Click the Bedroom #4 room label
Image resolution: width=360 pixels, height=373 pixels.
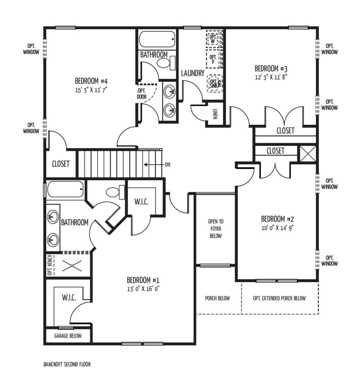coord(91,81)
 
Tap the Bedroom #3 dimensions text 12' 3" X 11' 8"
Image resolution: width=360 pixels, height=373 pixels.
coord(271,77)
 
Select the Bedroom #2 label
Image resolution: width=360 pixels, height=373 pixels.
coord(277,219)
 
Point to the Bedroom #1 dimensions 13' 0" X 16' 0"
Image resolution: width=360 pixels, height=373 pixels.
coord(143,289)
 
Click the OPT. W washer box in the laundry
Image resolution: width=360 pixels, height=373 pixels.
coord(214,39)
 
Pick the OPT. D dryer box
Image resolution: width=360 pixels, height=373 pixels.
coord(214,59)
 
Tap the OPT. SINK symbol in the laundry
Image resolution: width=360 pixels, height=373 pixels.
coord(214,84)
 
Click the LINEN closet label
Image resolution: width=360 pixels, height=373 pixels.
coord(215,114)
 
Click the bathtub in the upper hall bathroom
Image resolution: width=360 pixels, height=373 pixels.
coord(157,39)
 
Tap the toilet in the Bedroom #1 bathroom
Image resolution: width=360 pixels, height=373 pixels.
coord(115,192)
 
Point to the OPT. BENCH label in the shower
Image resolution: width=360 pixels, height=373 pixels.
coord(50,265)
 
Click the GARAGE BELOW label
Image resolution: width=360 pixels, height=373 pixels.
coord(68,335)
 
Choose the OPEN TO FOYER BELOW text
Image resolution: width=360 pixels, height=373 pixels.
coord(215,229)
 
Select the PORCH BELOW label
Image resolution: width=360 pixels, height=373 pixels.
coord(217,298)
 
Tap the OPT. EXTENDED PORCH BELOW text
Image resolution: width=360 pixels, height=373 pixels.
coord(280,298)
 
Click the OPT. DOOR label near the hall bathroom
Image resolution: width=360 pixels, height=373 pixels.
coord(142,94)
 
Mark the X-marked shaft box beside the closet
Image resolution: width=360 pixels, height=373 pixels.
coord(308,154)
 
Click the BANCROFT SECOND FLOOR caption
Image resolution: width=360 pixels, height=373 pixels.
coord(67,364)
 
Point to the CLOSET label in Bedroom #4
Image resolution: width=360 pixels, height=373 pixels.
coord(61,164)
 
